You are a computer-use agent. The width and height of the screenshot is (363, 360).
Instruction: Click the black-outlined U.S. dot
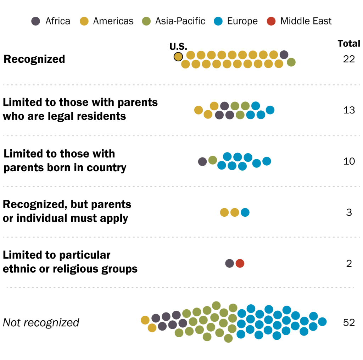tap(178, 56)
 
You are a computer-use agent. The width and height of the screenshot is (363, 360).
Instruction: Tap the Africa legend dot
tap(36, 21)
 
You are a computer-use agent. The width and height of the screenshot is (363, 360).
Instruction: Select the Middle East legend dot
tap(271, 21)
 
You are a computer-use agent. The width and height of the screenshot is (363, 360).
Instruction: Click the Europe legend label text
tap(242, 21)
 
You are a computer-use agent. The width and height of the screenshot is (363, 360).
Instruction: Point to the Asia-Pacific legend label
tap(180, 21)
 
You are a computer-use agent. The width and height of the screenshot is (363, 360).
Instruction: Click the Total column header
tap(349, 44)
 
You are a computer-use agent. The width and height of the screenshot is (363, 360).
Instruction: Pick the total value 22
tap(349, 59)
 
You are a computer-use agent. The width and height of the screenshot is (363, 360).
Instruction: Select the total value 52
tap(349, 322)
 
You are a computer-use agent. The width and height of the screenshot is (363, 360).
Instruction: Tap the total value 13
tap(349, 110)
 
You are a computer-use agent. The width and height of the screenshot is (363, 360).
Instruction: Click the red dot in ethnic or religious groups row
tap(240, 264)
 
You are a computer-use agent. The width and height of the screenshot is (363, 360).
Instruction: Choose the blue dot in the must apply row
tap(245, 212)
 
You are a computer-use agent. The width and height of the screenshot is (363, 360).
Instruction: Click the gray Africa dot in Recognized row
tap(284, 55)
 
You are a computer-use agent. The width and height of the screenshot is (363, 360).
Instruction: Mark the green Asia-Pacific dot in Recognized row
tap(291, 62)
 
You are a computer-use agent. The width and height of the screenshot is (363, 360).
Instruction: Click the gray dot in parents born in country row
tap(202, 161)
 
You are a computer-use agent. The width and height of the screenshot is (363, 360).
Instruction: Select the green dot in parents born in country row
tap(213, 160)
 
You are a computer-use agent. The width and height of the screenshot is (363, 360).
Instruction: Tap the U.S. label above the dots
tap(178, 46)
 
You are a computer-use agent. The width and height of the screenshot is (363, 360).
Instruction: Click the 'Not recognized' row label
tap(41, 322)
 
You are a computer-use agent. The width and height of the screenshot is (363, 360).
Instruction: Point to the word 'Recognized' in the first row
tap(34, 59)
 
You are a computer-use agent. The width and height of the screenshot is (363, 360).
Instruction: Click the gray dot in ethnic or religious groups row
tap(229, 264)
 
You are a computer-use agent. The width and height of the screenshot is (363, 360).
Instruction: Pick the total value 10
tap(349, 161)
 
